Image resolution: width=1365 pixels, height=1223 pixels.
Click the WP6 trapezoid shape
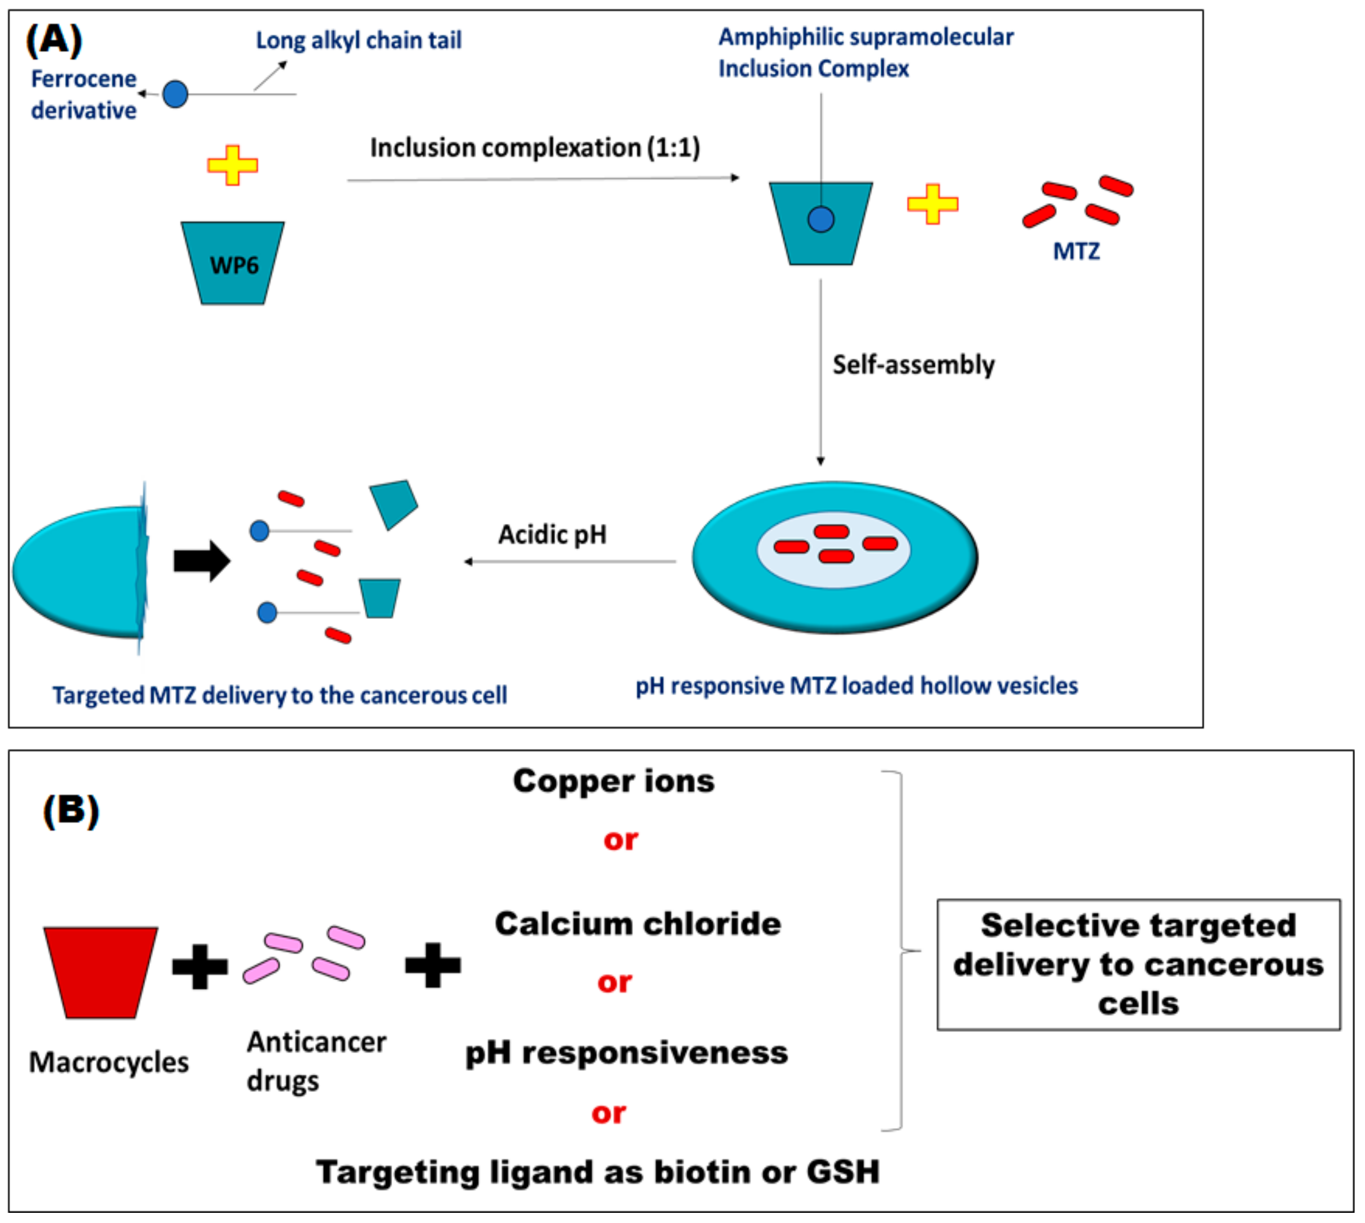pyautogui.click(x=233, y=263)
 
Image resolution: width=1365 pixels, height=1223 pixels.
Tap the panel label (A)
pyautogui.click(x=54, y=40)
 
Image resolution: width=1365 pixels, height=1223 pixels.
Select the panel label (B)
pyautogui.click(x=71, y=810)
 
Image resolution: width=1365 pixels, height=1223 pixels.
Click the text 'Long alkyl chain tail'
pyautogui.click(x=359, y=40)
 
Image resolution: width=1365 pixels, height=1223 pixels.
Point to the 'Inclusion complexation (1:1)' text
pyautogui.click(x=535, y=148)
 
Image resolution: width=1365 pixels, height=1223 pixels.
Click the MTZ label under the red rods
pyautogui.click(x=1076, y=252)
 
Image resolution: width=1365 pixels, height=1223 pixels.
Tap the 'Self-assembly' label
pyautogui.click(x=913, y=365)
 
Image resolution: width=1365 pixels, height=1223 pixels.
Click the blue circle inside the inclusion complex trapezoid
pyautogui.click(x=821, y=219)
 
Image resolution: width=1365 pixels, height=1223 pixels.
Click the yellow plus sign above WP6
pyautogui.click(x=233, y=165)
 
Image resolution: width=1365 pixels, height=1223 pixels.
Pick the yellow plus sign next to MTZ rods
pyautogui.click(x=932, y=204)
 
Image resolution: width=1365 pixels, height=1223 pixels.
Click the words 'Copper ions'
pyautogui.click(x=613, y=781)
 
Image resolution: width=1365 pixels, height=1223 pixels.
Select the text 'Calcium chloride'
pyautogui.click(x=638, y=924)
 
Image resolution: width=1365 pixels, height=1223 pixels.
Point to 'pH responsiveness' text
pyautogui.click(x=626, y=1053)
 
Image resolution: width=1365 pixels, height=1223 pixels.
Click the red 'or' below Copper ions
pyautogui.click(x=620, y=840)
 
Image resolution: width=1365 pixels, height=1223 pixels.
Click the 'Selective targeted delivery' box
pyautogui.click(x=1138, y=964)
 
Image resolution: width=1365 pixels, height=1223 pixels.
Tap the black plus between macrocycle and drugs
pyautogui.click(x=200, y=967)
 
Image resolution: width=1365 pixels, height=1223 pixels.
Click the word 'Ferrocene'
pyautogui.click(x=84, y=79)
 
